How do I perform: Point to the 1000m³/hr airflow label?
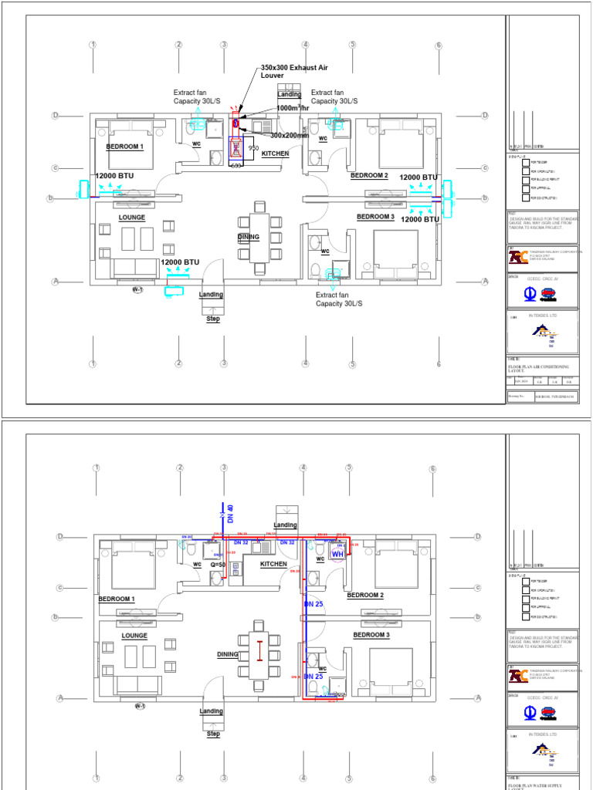(x=293, y=109)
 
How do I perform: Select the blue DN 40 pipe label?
(x=229, y=512)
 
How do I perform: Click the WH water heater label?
(x=337, y=554)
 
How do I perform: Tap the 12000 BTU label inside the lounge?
(x=179, y=262)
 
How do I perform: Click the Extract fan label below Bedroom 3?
(x=339, y=299)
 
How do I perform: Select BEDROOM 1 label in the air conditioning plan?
(x=124, y=147)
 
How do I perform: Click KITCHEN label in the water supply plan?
(x=273, y=564)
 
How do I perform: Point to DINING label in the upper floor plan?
(x=248, y=237)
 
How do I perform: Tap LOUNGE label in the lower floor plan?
(x=134, y=636)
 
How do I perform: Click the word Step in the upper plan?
(x=213, y=318)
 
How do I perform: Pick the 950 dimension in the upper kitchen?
(x=252, y=147)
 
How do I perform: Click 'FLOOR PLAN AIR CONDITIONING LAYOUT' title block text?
(x=540, y=367)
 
